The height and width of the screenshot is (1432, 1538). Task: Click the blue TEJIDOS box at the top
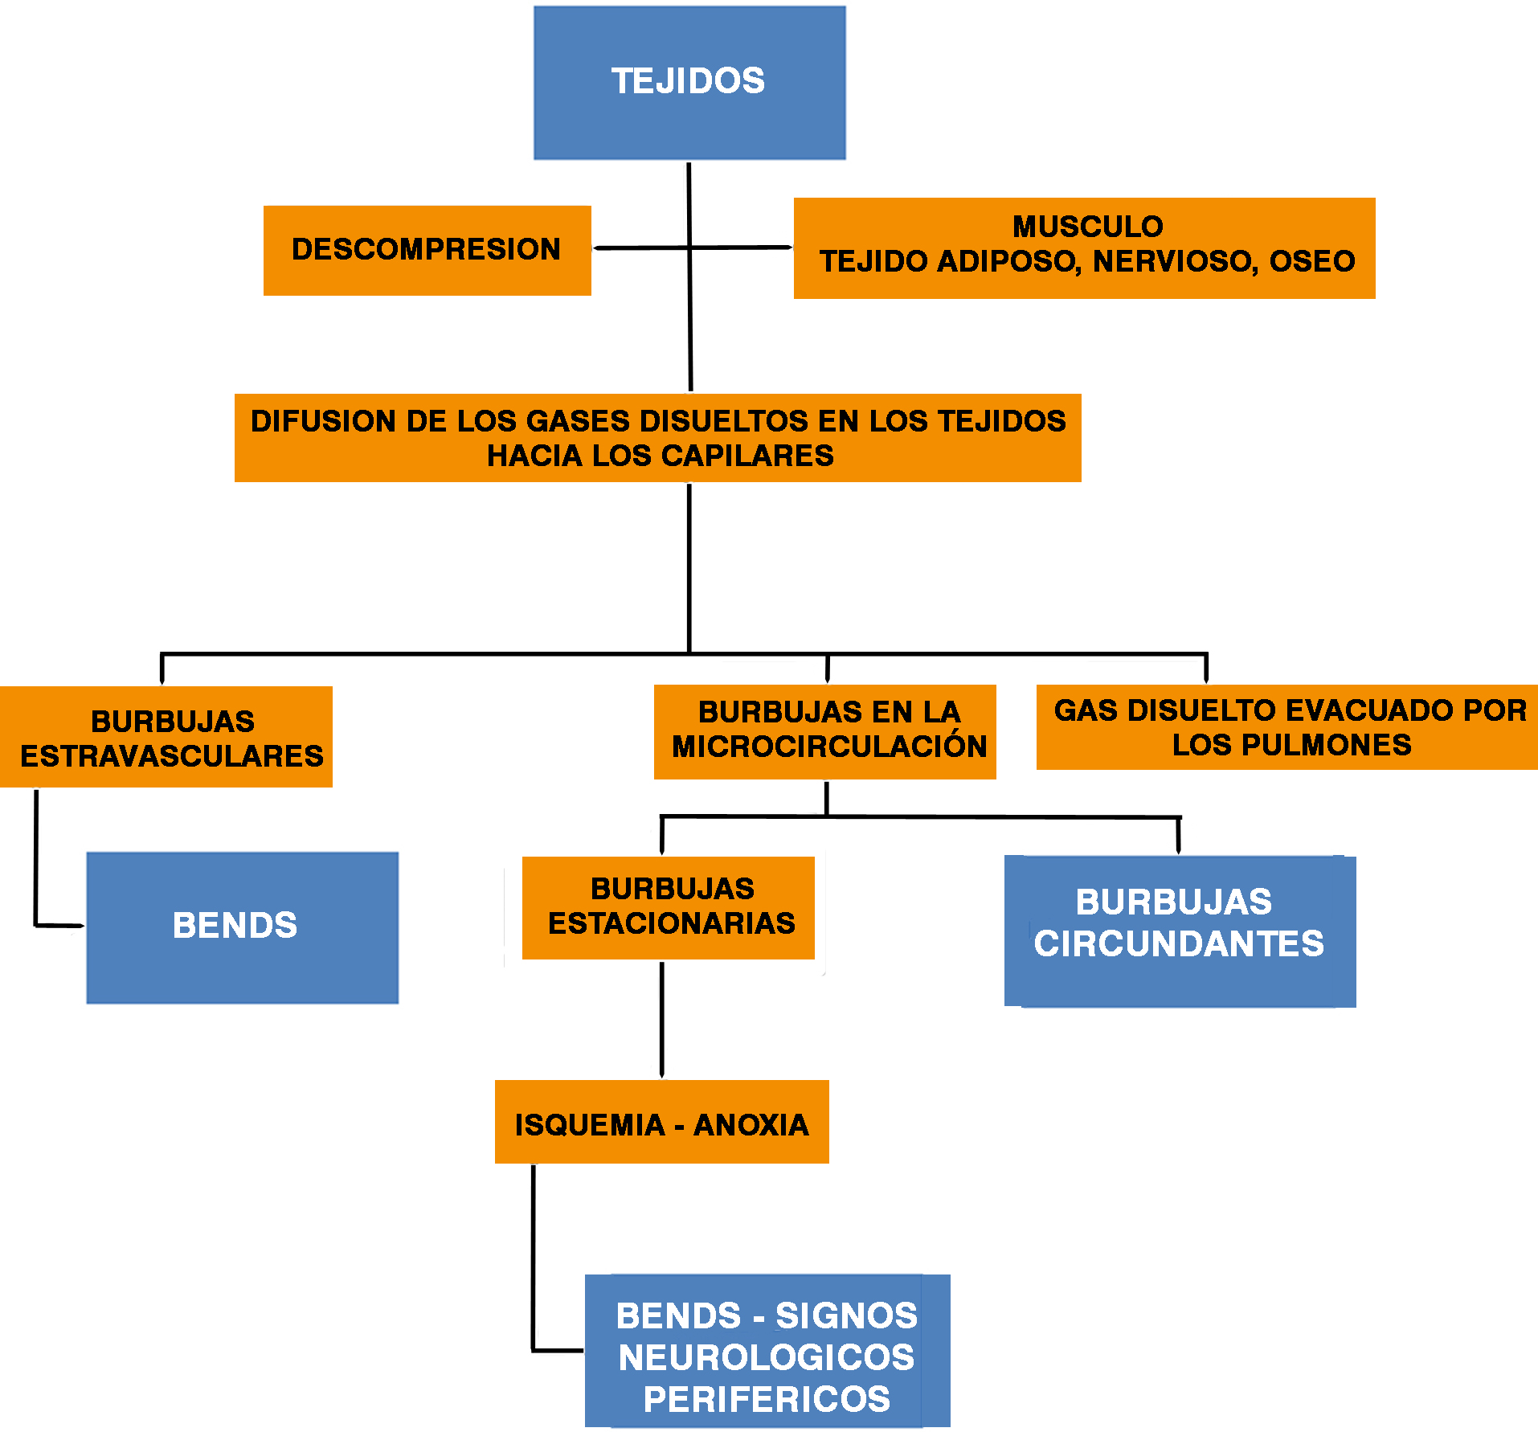(x=689, y=82)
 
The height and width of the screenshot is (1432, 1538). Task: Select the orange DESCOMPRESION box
(x=427, y=250)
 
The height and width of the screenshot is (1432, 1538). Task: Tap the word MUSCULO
(x=1087, y=227)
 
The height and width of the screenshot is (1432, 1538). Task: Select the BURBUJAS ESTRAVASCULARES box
(x=166, y=737)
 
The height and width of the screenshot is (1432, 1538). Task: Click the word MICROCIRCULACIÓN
(x=829, y=747)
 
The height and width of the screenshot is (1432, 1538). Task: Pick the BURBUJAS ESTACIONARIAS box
(x=669, y=907)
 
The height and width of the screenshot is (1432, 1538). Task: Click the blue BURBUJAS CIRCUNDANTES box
(x=1180, y=931)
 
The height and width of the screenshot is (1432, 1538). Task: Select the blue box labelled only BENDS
(x=242, y=927)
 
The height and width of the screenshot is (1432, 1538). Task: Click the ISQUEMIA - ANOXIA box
(x=661, y=1122)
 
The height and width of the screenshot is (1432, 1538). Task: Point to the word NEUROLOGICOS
(x=766, y=1357)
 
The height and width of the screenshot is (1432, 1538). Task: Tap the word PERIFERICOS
(x=766, y=1399)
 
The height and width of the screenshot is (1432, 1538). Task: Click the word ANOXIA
(x=751, y=1125)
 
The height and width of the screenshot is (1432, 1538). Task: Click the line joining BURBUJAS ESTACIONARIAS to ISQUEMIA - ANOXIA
(x=661, y=1019)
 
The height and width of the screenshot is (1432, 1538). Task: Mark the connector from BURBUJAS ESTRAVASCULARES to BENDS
(x=36, y=860)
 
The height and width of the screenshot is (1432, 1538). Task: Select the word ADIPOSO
(x=1006, y=261)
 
